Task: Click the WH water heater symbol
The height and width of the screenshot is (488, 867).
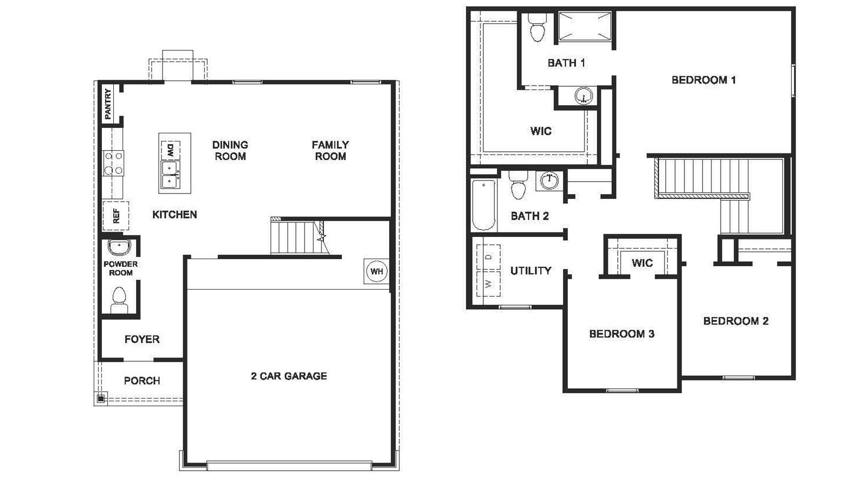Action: tap(377, 271)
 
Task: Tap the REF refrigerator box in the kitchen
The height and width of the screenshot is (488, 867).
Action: tap(115, 215)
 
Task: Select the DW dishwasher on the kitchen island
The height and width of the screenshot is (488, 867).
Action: tap(170, 150)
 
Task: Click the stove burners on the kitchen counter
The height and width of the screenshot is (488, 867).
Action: tap(114, 163)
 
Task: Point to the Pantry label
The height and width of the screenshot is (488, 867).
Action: tap(108, 104)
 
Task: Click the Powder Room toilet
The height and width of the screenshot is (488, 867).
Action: tap(119, 299)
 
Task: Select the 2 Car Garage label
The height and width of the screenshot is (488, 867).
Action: tap(289, 376)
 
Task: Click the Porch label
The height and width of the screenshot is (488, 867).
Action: tap(142, 381)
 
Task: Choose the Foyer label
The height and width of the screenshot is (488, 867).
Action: tap(142, 339)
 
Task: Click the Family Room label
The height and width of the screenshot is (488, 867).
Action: tap(330, 150)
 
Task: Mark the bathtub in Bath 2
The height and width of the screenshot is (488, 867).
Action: tap(484, 205)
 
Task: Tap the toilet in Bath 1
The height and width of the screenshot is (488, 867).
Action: tap(537, 28)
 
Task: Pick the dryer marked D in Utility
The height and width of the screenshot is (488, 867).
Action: tap(488, 256)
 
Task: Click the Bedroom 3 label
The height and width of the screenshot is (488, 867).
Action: tap(622, 333)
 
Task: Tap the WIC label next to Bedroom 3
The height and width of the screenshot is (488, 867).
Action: tap(642, 263)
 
